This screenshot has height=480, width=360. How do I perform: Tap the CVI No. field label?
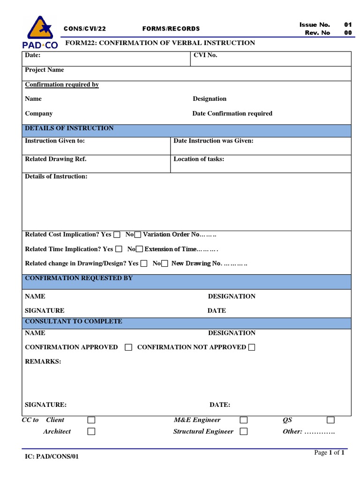205,55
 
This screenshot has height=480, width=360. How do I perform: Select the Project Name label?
44,70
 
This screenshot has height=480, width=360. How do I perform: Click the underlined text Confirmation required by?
61,85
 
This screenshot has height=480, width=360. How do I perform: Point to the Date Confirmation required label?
232,113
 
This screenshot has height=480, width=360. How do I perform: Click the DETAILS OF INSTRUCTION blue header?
69,128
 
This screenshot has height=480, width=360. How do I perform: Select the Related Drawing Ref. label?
55,159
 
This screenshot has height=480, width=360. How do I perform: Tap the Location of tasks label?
199,159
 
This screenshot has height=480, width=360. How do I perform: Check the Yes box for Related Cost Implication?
117,235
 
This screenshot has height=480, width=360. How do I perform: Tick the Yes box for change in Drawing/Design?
144,264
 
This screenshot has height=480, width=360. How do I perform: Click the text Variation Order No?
171,234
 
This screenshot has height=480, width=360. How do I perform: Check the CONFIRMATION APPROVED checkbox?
128,347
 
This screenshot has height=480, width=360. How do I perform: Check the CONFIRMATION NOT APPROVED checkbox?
252,347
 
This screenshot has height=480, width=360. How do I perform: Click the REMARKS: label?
43,362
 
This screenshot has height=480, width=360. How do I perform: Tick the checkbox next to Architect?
91,432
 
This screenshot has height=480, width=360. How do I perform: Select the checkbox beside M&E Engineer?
244,420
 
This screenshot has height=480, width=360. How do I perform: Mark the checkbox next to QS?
331,420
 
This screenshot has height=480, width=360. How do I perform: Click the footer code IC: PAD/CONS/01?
52,457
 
